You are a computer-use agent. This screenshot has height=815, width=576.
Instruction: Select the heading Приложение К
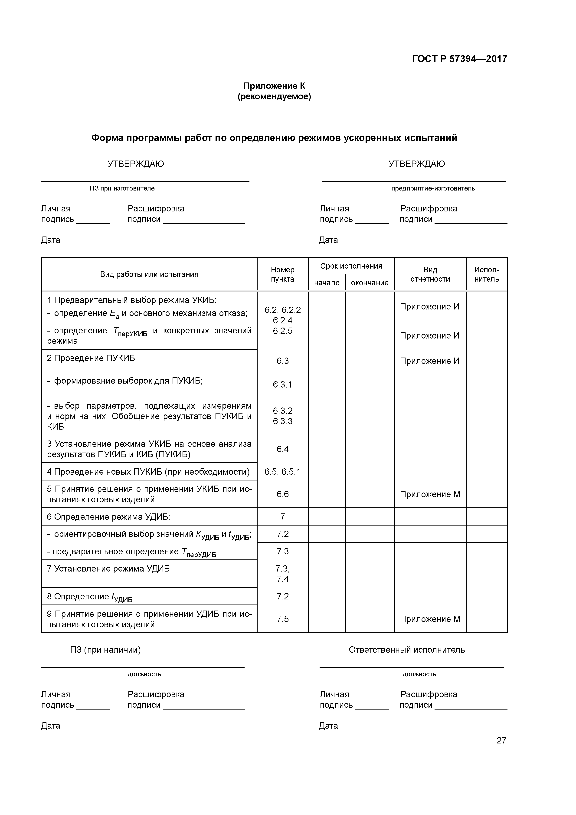pos(274,86)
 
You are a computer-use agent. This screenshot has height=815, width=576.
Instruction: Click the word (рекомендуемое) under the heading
pos(274,97)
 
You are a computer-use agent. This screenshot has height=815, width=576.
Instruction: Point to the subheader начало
pos(327,283)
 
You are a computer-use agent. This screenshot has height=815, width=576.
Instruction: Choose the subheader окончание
pos(370,283)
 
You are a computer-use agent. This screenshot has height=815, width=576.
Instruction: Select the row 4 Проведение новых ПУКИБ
pos(148,472)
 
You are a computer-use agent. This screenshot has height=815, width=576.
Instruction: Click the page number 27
pos(501,740)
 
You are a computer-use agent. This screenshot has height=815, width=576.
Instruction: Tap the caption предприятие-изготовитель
pos(433,188)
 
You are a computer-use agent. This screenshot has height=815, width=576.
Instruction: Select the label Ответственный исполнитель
pos(406,650)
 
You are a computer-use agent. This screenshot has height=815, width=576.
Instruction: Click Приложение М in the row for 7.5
pos(430,619)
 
